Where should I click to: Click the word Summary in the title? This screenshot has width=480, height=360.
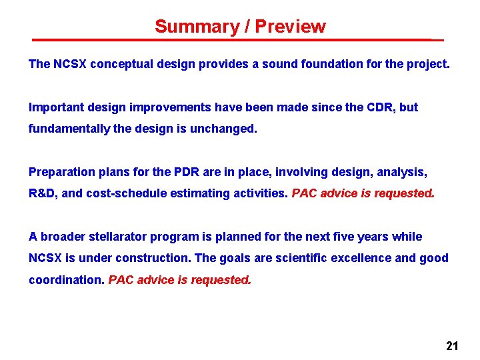188,27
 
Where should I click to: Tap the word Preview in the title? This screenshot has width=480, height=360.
291,27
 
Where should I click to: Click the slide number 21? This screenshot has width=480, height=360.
452,345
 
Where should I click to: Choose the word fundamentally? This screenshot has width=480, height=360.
66,129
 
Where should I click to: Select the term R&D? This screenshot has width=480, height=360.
42,193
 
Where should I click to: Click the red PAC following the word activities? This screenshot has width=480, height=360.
305,193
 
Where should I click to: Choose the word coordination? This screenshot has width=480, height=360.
66,280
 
